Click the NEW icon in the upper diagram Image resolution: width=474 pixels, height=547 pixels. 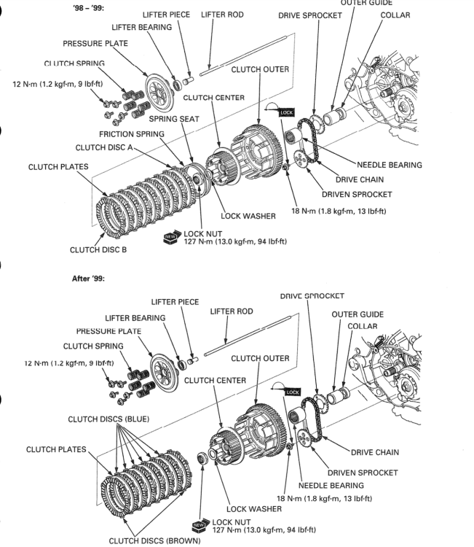point(172,236)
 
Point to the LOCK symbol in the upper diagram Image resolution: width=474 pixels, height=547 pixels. point(286,112)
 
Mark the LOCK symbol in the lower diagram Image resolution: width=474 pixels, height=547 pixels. point(291,392)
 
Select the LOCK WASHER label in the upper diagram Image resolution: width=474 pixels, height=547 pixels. point(248,216)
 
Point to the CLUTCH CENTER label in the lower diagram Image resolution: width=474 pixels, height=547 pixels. point(215,380)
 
